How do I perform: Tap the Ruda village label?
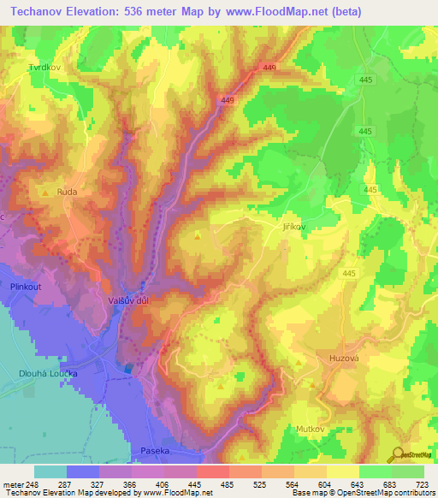(x=67, y=193)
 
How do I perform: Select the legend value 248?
(x=32, y=484)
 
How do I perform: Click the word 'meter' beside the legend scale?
(x=11, y=484)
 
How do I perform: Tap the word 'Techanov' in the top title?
(x=39, y=12)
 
